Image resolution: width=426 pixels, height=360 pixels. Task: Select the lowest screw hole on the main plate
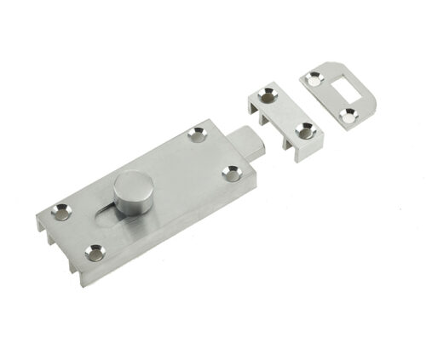click(93, 251)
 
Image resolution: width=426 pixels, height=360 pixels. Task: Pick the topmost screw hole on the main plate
click(198, 133)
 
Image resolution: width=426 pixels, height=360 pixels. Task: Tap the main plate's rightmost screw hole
click(229, 172)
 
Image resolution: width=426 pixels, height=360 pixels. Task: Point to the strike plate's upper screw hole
click(315, 78)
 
